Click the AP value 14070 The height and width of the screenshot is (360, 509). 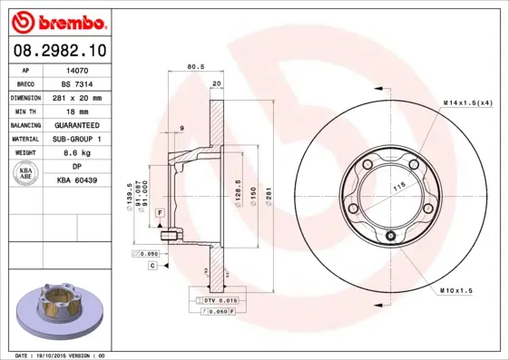click(x=77, y=69)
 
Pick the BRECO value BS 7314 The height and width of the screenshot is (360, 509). click(x=77, y=83)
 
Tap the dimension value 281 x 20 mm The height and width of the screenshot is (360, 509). click(x=77, y=96)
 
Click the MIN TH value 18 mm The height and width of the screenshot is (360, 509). click(x=77, y=110)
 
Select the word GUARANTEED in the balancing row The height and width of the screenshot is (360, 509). click(x=77, y=124)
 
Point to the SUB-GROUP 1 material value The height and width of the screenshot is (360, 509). click(x=77, y=139)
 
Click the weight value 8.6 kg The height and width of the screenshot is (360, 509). click(x=77, y=153)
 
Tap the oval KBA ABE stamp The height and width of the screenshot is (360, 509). click(x=27, y=173)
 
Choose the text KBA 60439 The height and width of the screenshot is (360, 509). click(x=77, y=181)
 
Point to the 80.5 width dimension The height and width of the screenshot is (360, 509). click(x=193, y=66)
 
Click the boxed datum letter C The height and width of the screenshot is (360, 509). click(x=153, y=266)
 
